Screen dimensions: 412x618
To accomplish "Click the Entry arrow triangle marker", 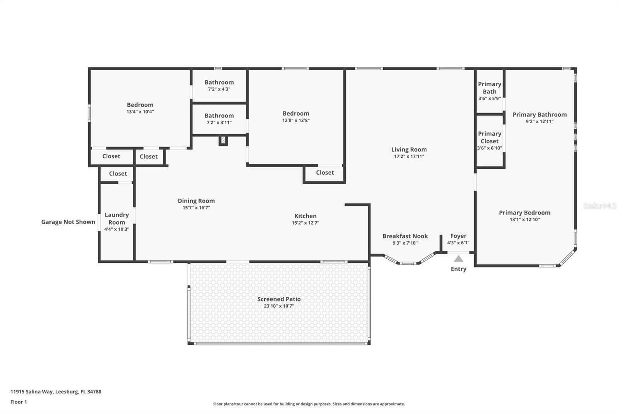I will pos(458,259).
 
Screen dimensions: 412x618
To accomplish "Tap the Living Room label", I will pos(409,150).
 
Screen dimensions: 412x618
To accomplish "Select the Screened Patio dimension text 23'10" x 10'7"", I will pos(279,306).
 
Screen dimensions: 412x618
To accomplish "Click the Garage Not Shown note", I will pos(68,222).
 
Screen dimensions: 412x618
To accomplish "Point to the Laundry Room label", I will pos(117,218).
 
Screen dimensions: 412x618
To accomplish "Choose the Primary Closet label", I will pos(489,137).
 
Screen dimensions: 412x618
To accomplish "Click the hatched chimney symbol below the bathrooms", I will pos(223,140).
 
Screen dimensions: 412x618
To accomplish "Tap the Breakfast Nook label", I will pos(405,236).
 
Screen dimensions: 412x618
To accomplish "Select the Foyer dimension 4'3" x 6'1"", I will pos(458,243).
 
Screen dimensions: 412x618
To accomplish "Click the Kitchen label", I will pos(305,216).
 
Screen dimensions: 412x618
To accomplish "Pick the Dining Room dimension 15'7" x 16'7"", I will pos(196,208).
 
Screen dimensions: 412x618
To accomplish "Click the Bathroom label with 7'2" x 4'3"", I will pos(219,82).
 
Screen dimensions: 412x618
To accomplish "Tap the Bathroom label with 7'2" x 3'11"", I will pos(219,116).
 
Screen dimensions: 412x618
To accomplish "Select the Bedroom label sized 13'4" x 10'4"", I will pos(140,105).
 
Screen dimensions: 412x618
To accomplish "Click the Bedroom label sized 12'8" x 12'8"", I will pos(296,113).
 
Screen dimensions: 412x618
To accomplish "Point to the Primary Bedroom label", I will pos(525,213).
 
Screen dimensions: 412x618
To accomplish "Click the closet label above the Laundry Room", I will pos(118,174).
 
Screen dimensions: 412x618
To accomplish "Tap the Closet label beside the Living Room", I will pos(325,172).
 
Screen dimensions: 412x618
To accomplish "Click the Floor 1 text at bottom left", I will pos(19,402).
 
